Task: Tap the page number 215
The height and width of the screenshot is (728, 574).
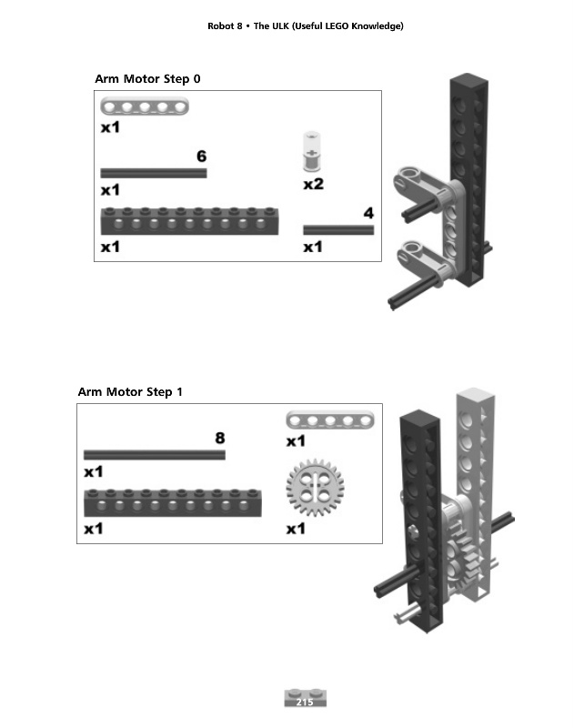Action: (x=305, y=703)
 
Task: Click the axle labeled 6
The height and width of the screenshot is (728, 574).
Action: (x=153, y=172)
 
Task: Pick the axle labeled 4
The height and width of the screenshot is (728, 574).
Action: (x=337, y=230)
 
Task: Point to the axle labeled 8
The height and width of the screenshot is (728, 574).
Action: (x=154, y=454)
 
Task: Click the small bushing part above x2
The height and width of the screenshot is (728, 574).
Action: (x=312, y=152)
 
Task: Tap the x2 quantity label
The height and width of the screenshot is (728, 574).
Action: (x=313, y=184)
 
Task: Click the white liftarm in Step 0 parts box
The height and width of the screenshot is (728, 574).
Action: (x=145, y=107)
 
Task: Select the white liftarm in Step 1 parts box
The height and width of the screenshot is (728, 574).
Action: (x=325, y=420)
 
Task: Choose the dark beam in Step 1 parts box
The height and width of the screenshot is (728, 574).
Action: (x=172, y=502)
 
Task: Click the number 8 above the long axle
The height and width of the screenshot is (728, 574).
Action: (x=219, y=437)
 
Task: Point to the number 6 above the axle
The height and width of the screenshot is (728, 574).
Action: (x=201, y=156)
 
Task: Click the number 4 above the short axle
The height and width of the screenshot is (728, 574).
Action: (x=368, y=213)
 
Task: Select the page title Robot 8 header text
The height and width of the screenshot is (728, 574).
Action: (x=305, y=25)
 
